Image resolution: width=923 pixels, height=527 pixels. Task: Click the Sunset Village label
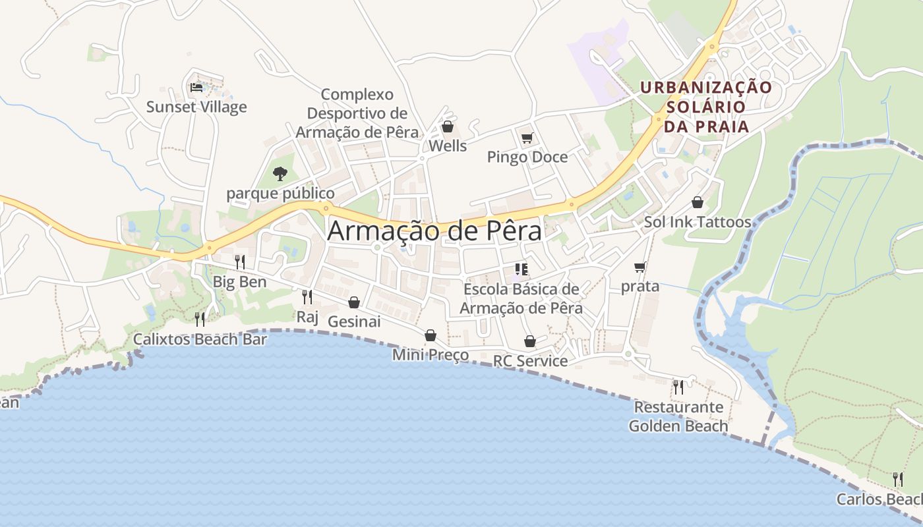[196, 107]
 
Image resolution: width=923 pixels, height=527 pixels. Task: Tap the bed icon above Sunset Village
[196, 87]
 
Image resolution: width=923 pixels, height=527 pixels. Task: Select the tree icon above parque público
[280, 174]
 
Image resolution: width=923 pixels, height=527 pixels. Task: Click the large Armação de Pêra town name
[434, 231]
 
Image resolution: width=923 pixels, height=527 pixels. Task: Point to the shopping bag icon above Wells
[448, 126]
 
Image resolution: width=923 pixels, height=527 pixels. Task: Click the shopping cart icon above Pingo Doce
[527, 138]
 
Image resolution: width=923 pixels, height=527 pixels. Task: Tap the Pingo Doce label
[527, 157]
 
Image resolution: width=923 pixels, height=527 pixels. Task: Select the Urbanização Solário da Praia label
[707, 107]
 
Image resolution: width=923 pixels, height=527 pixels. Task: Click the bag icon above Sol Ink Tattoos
[698, 202]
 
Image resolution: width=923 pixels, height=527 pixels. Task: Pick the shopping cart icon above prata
[640, 267]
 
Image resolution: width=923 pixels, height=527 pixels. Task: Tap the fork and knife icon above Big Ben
[240, 262]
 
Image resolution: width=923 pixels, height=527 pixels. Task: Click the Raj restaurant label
[307, 317]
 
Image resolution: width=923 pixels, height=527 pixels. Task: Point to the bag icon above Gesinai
[354, 302]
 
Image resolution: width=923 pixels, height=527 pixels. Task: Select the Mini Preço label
[431, 355]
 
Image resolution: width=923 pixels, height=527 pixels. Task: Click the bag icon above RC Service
[530, 341]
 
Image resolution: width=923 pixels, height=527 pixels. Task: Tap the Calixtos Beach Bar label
[200, 339]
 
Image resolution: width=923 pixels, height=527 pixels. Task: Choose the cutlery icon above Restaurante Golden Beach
[678, 387]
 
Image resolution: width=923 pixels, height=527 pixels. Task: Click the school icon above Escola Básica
[521, 269]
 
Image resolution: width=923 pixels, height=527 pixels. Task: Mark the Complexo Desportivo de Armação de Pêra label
[357, 113]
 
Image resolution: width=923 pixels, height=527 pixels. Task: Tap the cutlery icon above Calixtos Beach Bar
[200, 319]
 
